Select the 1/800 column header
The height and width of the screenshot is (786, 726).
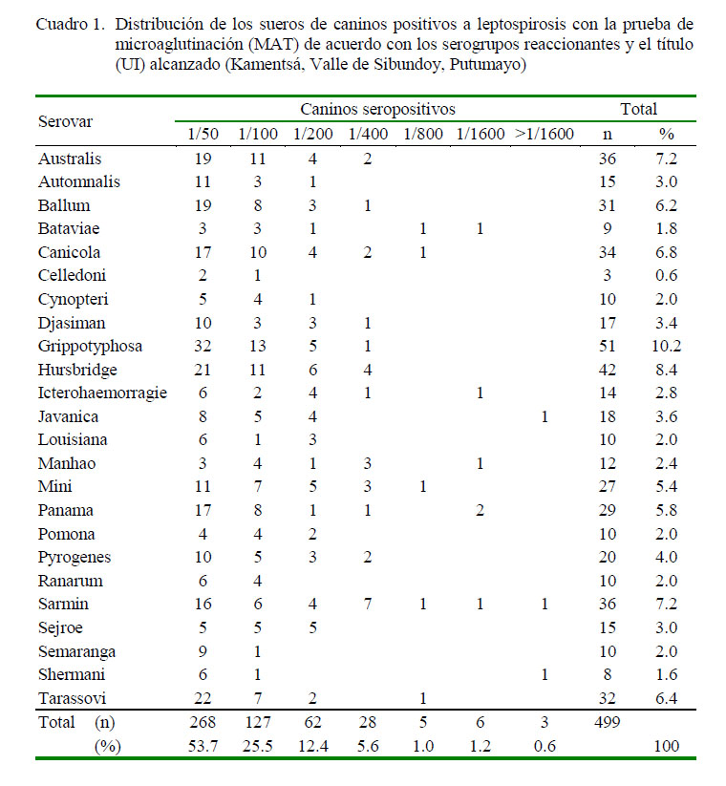tap(423, 134)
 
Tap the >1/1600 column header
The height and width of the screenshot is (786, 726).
tap(544, 134)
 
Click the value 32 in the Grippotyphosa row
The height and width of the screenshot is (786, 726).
tap(202, 346)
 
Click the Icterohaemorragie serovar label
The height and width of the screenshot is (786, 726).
tap(102, 393)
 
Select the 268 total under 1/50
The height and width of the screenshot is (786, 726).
tap(202, 723)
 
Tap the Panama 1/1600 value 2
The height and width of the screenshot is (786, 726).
tap(480, 511)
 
